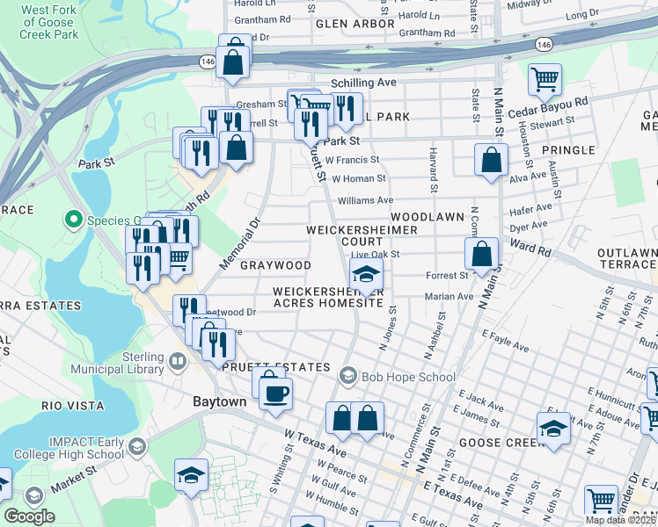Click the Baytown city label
point(220,401)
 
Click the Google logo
point(29,516)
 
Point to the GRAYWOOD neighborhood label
point(275,265)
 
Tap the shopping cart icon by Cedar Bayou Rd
point(545,80)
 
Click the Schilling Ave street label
point(363,83)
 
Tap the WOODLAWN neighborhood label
point(427,216)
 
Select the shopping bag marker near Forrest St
point(482,256)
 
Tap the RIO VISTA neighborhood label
point(73,406)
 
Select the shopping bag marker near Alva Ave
point(491,161)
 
